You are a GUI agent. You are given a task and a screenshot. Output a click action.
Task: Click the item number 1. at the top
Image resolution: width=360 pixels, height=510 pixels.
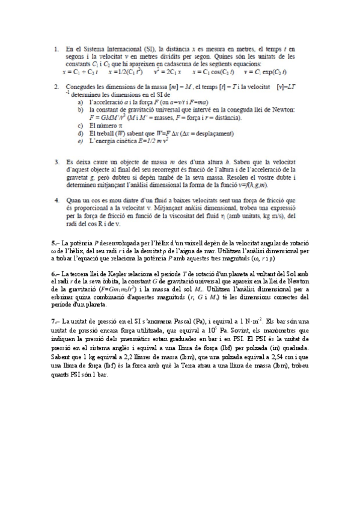[55, 48]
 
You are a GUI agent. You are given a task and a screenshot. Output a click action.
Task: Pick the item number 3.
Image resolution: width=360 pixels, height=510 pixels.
[55, 162]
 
